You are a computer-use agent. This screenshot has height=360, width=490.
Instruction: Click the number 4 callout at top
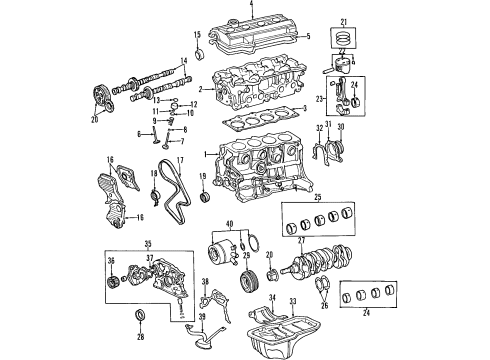[251, 5]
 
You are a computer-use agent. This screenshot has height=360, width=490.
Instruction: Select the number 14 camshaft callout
[184, 59]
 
